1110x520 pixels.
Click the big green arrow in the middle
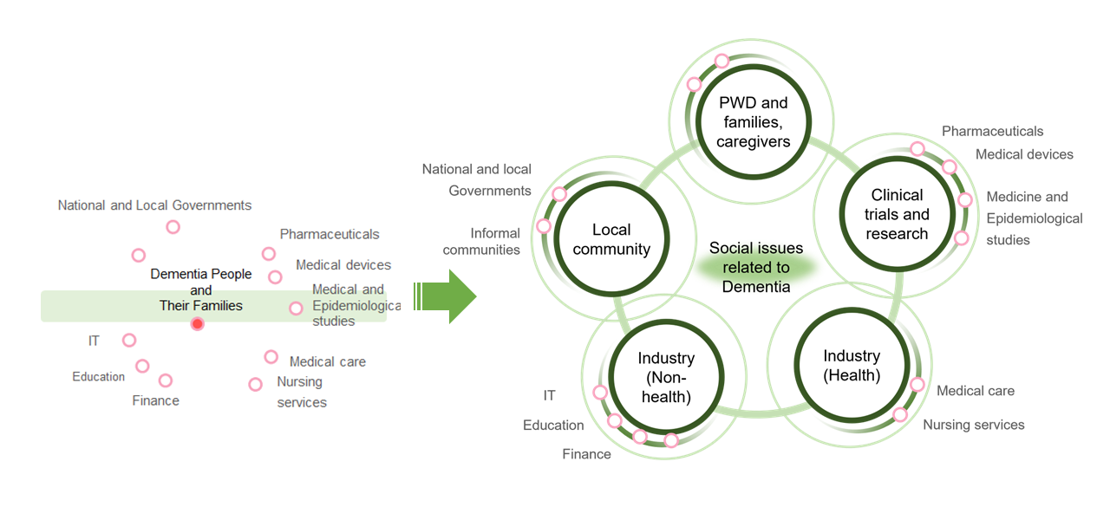click(x=449, y=296)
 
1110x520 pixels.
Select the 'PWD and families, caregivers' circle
click(x=753, y=122)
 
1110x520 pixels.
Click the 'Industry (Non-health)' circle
click(x=665, y=378)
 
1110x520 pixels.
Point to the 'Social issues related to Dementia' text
click(x=756, y=267)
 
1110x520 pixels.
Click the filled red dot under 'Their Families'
click(x=198, y=324)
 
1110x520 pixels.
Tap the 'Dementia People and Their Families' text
click(x=201, y=289)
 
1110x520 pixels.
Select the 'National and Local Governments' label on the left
click(x=154, y=205)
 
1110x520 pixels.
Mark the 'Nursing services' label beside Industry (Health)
click(x=973, y=425)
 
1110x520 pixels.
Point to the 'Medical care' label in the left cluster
click(x=327, y=361)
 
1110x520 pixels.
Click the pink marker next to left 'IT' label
click(x=129, y=341)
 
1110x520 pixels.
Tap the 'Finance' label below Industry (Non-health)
click(x=586, y=454)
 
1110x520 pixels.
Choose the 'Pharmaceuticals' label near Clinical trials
click(x=992, y=131)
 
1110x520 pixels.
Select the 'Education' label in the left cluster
click(x=98, y=377)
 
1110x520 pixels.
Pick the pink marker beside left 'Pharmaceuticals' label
click(x=269, y=254)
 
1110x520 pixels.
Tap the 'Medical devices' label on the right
click(x=1024, y=154)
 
